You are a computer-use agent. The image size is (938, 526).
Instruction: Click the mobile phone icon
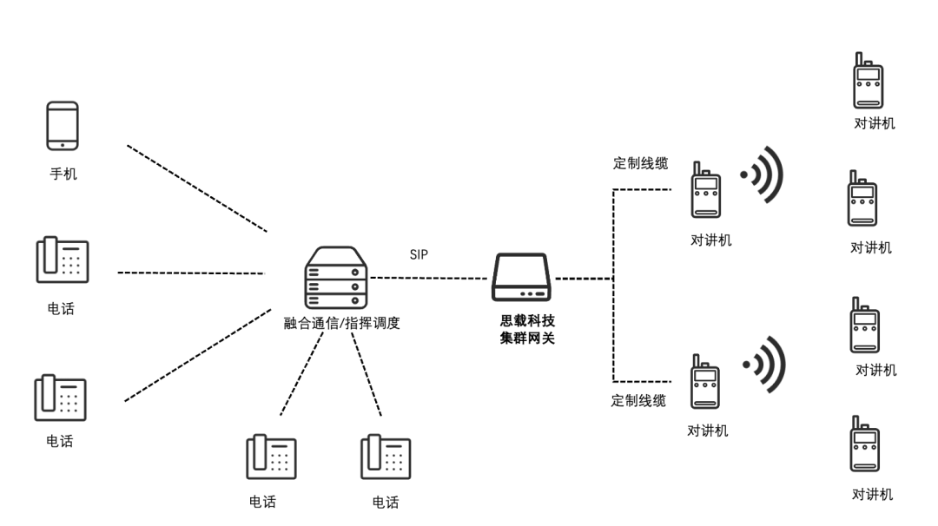tap(63, 127)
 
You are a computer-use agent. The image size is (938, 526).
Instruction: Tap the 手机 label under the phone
tap(63, 174)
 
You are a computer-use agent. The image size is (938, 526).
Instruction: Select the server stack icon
tap(335, 277)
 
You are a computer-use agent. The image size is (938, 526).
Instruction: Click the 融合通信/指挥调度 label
tap(341, 323)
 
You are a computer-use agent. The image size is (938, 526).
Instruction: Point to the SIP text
tap(419, 254)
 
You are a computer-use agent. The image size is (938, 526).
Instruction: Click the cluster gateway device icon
tap(521, 278)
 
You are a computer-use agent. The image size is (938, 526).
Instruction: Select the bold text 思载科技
tap(521, 321)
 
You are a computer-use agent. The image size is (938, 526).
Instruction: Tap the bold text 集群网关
tap(521, 339)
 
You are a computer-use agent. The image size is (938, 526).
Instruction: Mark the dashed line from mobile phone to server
tap(195, 188)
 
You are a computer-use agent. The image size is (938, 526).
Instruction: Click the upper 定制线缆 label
tap(640, 163)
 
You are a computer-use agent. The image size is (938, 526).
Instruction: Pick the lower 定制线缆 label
tap(638, 400)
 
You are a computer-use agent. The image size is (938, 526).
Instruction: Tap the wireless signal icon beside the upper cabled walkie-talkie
tap(764, 175)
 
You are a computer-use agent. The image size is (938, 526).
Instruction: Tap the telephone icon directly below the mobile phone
tap(62, 260)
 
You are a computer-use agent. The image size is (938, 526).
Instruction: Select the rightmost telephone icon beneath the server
tap(386, 457)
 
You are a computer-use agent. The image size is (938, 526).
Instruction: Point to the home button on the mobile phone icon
tap(63, 145)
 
